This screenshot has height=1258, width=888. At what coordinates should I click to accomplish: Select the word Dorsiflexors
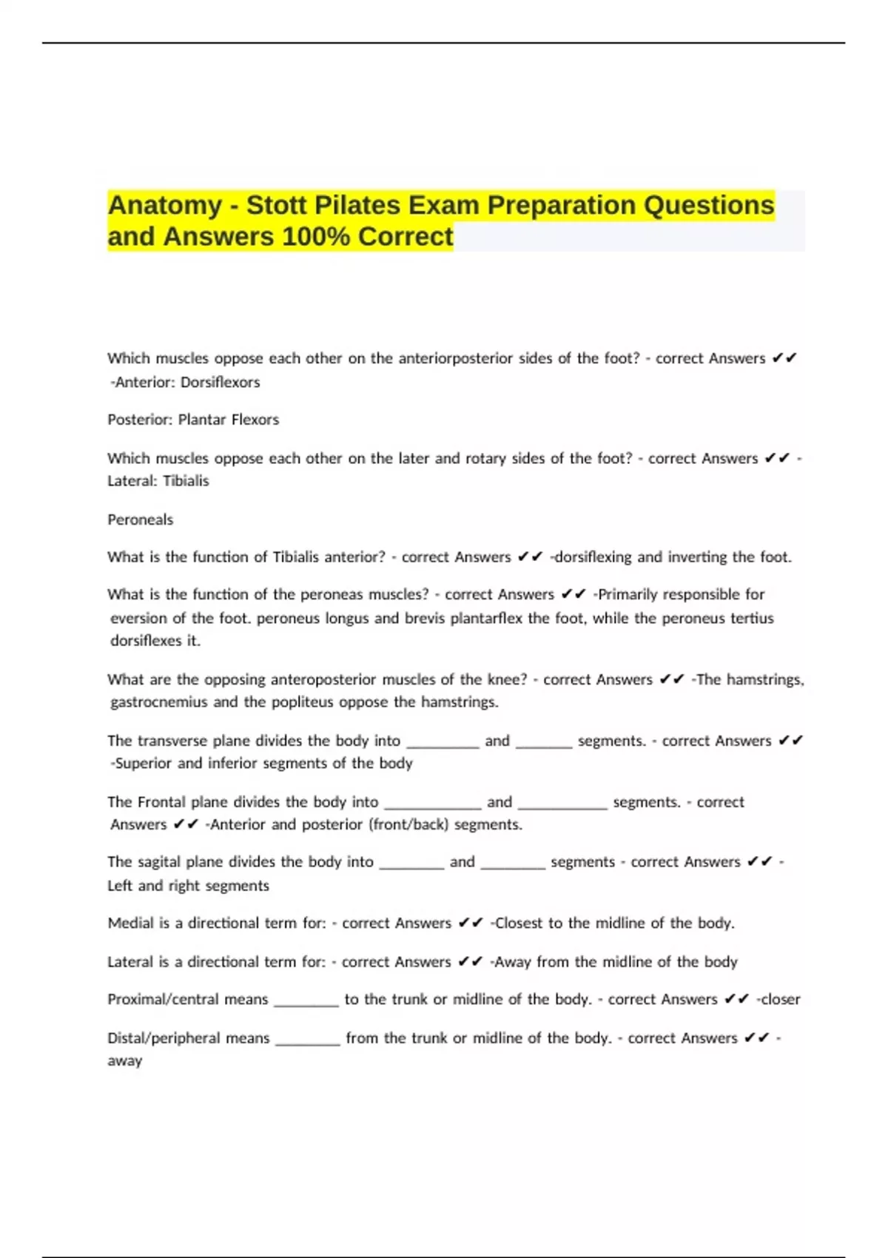[221, 383]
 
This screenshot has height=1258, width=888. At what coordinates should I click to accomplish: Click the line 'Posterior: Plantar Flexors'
[193, 420]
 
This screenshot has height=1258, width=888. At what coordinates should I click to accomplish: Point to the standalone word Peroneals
[140, 519]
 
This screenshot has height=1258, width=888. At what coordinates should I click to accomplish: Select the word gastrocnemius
[158, 702]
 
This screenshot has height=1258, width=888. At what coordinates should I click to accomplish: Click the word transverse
[172, 741]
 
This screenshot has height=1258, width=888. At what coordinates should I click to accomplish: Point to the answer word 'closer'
[781, 1000]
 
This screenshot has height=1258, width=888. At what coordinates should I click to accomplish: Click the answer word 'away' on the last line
[124, 1061]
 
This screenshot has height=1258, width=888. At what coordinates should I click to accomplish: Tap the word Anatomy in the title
[164, 205]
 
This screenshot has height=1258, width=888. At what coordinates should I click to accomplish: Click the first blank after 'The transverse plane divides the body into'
[443, 742]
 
